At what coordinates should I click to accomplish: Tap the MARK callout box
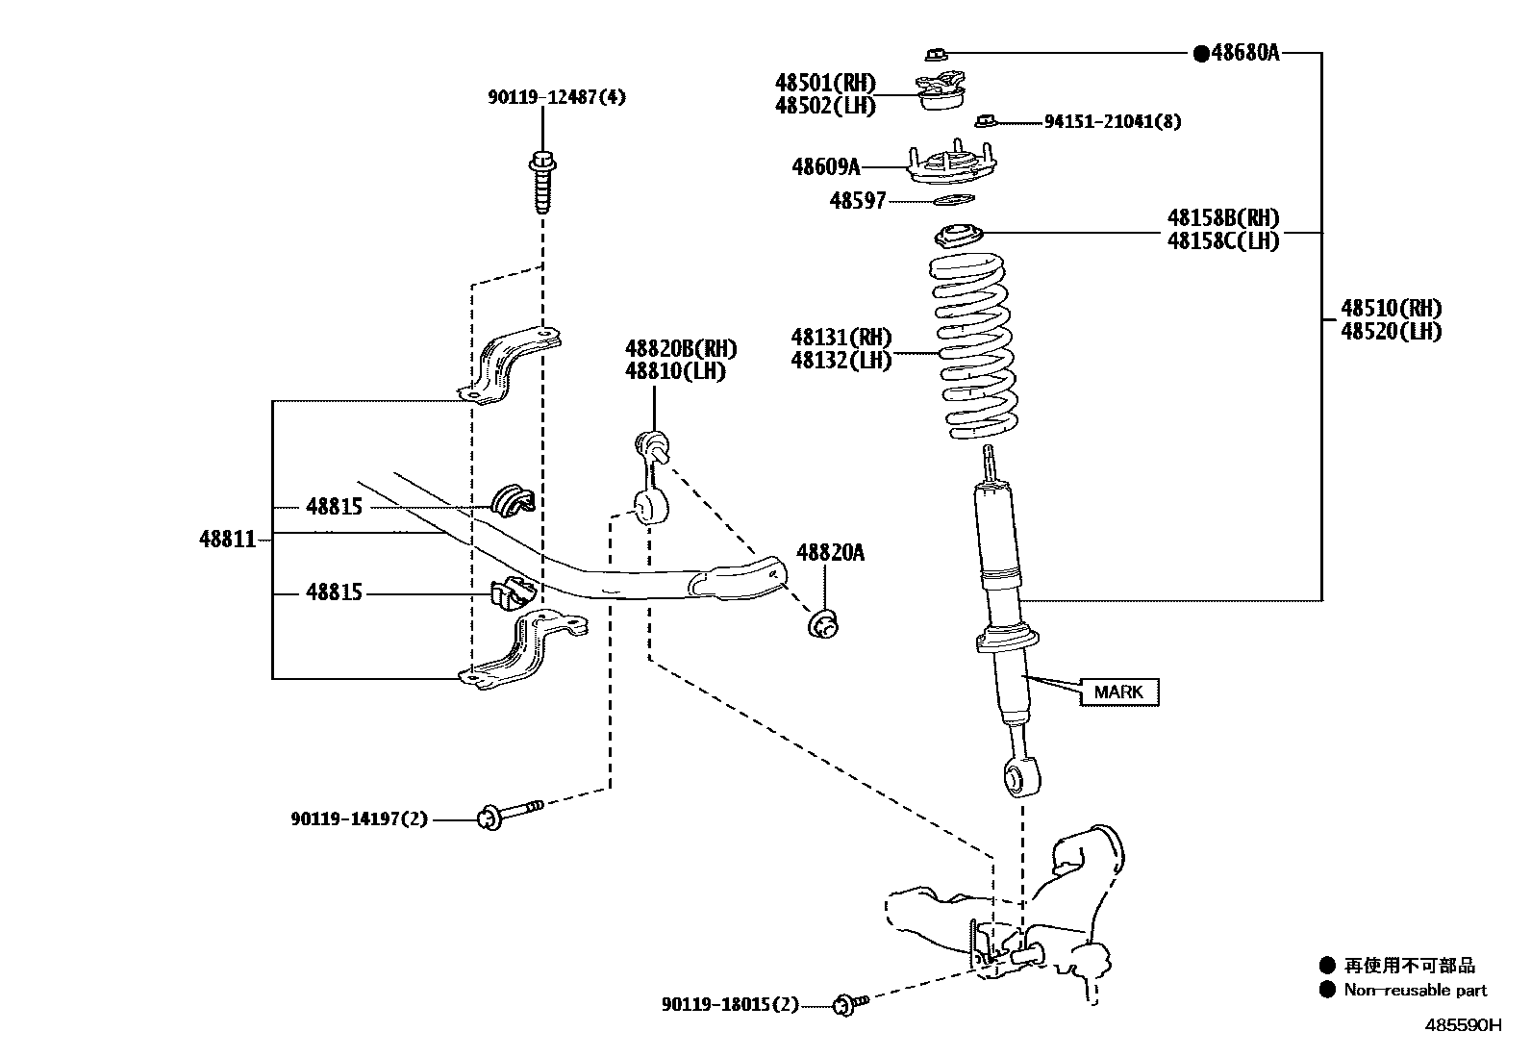(1118, 692)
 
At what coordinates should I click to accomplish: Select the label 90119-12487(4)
(556, 97)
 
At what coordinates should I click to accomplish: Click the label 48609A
(825, 167)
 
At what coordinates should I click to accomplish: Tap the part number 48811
(228, 539)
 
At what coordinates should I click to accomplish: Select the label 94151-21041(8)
(1113, 121)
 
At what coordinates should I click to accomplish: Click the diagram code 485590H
(1462, 1024)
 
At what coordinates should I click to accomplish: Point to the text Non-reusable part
(1415, 990)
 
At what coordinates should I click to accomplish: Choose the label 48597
(858, 201)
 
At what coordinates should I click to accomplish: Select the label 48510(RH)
(1392, 309)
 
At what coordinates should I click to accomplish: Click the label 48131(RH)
(841, 338)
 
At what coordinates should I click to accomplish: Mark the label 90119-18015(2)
(730, 1005)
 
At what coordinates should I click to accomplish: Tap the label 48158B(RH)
(1223, 218)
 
